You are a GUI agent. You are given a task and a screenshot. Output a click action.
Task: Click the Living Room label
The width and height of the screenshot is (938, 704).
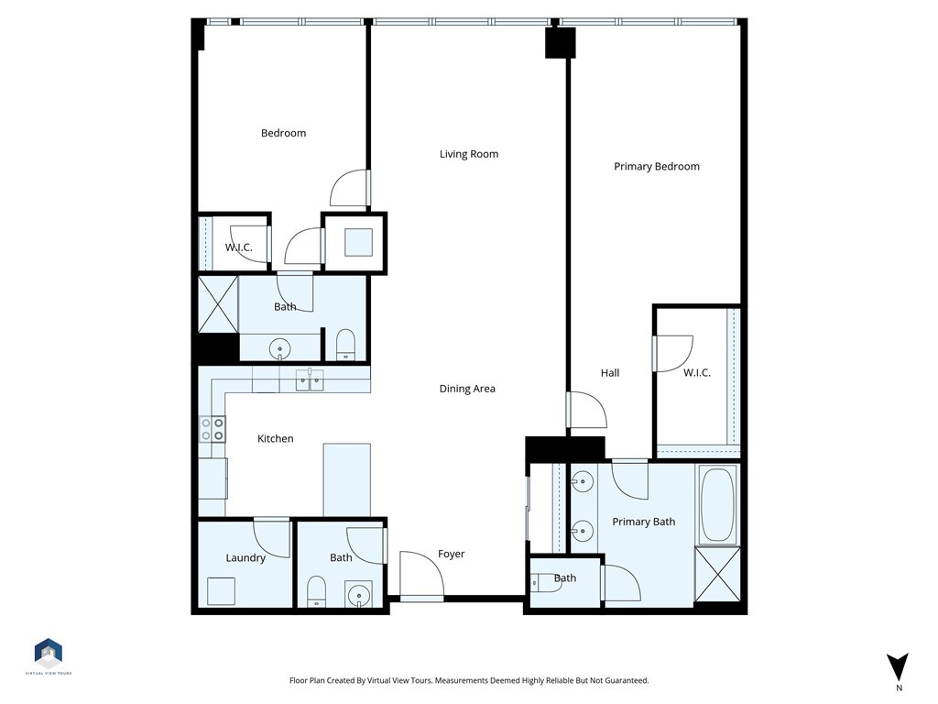tap(469, 154)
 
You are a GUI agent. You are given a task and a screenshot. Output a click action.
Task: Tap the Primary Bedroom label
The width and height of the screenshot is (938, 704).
tap(657, 167)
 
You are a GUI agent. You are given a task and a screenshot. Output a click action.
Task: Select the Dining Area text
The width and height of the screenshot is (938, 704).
tap(467, 389)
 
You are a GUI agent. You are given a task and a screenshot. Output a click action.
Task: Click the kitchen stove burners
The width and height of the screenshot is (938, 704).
tap(213, 430)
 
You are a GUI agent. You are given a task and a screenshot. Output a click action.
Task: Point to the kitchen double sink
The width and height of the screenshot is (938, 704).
tap(310, 380)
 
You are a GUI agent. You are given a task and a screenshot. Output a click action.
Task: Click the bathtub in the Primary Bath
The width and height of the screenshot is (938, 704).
tap(716, 504)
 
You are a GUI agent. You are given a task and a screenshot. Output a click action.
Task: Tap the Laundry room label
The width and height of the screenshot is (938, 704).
tap(245, 557)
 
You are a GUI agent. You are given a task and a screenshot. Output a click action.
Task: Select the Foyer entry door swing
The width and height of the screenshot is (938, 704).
tap(421, 575)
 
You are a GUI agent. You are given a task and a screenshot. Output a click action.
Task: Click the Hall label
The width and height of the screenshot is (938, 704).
tap(610, 373)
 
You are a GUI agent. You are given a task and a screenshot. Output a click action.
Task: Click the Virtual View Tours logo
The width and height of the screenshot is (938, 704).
tap(49, 653)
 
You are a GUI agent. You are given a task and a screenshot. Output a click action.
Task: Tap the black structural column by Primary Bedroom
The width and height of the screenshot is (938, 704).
tap(560, 43)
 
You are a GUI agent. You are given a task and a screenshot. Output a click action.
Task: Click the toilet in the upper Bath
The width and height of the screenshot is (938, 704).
tap(345, 345)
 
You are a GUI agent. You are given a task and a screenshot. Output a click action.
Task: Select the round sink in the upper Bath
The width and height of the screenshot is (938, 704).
tap(279, 347)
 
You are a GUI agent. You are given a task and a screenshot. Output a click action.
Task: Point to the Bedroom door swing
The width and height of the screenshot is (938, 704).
tap(350, 189)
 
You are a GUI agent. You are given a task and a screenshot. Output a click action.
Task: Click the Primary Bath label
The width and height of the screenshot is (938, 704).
tap(644, 522)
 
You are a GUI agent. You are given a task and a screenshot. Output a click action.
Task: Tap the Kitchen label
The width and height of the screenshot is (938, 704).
tap(275, 439)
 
